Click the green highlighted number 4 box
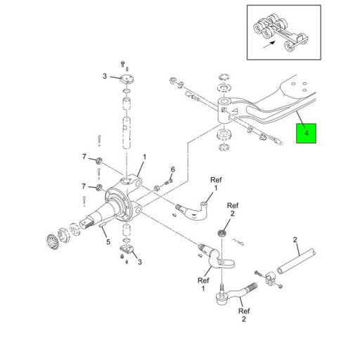[x=306, y=133]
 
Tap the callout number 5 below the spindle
[x=108, y=242]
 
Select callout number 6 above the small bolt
[x=173, y=169]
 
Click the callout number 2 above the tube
[x=295, y=240]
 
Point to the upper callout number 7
[x=84, y=156]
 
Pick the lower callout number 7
[x=84, y=186]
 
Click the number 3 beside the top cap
[x=105, y=76]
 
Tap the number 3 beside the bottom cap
[x=140, y=262]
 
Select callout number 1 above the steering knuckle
[x=145, y=157]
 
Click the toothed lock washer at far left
[x=53, y=241]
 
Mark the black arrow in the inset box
[x=269, y=44]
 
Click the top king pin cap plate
[x=127, y=79]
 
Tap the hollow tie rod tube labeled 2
[x=296, y=261]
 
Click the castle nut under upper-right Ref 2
[x=221, y=233]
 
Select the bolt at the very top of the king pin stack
[x=122, y=64]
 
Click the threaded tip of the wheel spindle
[x=87, y=225]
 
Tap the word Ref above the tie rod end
[x=244, y=311]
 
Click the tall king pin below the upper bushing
[x=127, y=133]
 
